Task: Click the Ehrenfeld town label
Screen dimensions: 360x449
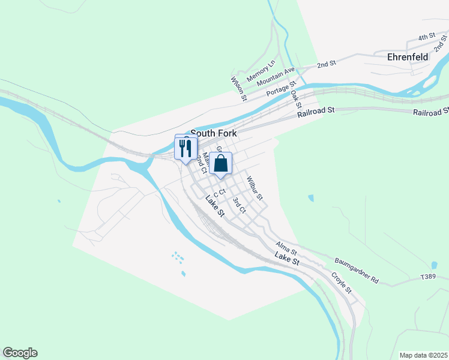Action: pos(408,58)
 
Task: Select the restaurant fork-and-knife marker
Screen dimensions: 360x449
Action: pos(185,148)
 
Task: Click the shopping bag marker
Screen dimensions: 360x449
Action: pos(220,163)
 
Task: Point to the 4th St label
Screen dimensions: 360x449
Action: pos(426,37)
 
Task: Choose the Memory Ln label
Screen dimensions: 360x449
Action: pos(260,71)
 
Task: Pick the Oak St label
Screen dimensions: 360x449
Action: pos(295,95)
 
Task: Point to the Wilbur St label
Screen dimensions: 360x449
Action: pos(254,188)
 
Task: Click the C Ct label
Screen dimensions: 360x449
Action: pos(218,193)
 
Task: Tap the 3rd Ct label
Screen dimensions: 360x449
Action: pos(239,205)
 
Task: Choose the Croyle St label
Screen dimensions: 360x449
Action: pos(341,283)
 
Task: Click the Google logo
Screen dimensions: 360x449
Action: pos(20,353)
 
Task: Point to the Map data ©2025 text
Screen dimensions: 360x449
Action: pos(423,355)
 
